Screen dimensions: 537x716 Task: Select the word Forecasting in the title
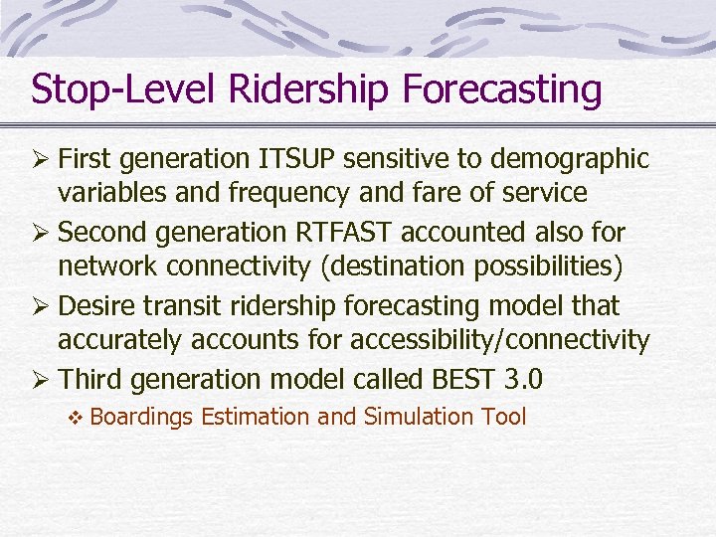point(502,89)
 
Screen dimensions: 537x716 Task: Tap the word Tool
point(505,417)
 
